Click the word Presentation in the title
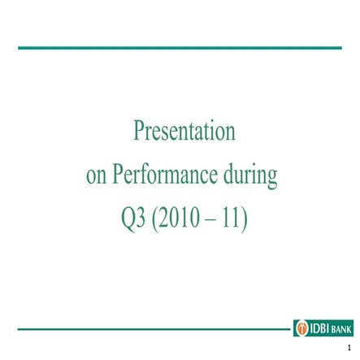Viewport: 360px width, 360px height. [184, 131]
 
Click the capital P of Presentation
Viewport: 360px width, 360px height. [139, 130]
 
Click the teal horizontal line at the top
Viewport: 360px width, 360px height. [180, 48]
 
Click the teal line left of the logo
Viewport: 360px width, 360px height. [154, 329]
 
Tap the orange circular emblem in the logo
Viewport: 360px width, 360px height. [301, 328]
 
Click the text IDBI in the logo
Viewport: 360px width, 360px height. [319, 328]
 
